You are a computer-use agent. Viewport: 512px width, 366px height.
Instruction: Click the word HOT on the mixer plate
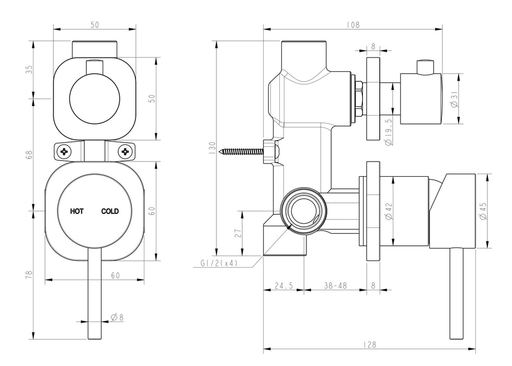point(77,211)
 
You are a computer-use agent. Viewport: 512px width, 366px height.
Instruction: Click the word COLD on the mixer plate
point(110,211)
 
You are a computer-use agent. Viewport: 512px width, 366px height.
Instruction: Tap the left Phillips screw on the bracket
point(65,152)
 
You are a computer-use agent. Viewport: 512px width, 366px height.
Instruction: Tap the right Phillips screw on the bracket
point(125,152)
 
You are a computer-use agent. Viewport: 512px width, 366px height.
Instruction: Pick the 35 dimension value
point(29,70)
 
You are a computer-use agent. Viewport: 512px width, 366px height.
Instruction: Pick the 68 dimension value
point(29,154)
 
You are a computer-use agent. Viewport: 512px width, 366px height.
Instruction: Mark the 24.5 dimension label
point(283,286)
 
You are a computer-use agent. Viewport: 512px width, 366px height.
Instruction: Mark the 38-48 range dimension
point(335,286)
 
